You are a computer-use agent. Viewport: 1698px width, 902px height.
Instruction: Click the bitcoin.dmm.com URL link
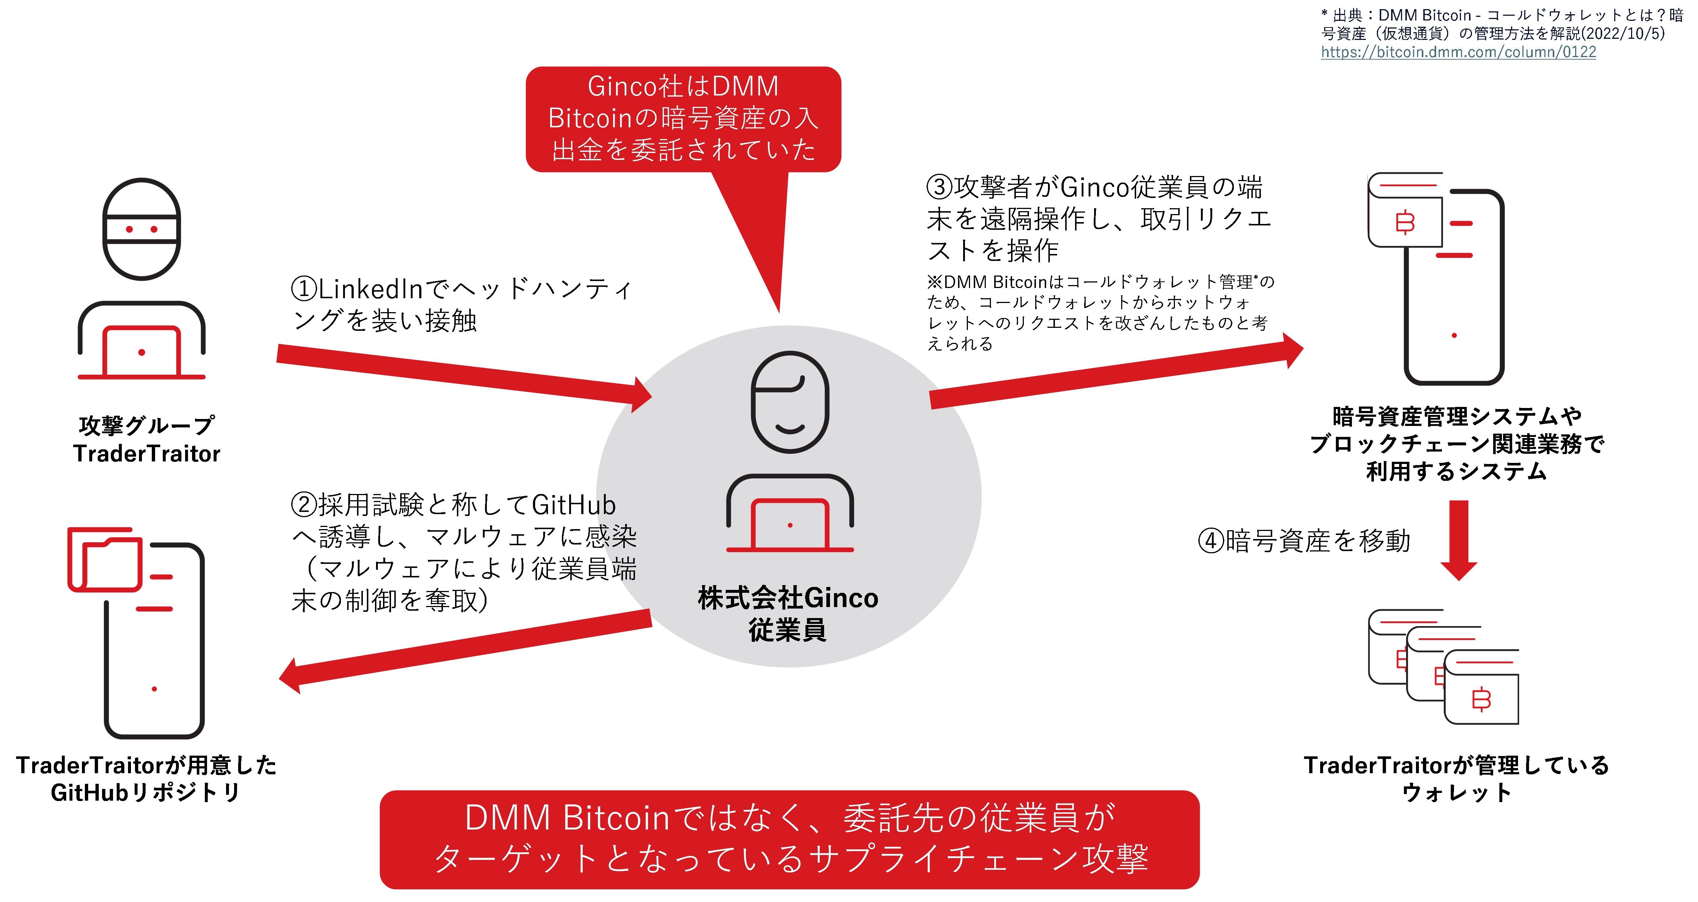coord(1458,52)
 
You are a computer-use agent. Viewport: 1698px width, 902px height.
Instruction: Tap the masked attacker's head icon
coord(142,229)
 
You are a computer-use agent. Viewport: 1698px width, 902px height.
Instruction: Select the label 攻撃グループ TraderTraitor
coord(146,439)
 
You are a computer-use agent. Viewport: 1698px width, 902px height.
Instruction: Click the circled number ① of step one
coord(304,289)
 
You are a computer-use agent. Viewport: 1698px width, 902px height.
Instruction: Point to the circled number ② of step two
coord(304,505)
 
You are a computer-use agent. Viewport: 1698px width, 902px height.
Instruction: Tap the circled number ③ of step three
coord(939,187)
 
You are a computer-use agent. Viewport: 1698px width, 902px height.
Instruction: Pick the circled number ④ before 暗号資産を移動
coord(1211,541)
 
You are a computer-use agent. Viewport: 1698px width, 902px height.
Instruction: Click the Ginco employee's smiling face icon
coord(790,402)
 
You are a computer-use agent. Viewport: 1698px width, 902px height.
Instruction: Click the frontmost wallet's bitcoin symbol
coord(1481,699)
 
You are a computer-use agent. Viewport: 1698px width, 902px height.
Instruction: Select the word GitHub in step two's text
coord(574,505)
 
